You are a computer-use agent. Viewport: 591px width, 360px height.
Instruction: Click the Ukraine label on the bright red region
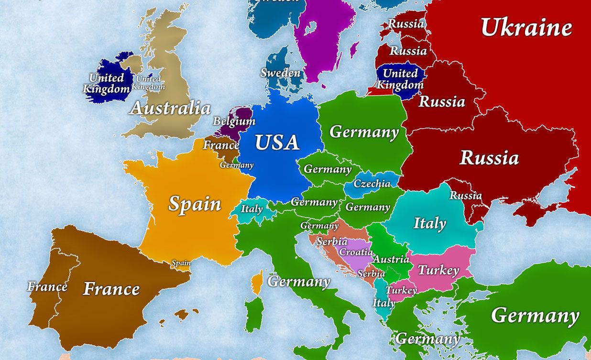526,28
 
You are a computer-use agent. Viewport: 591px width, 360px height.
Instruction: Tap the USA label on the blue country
277,142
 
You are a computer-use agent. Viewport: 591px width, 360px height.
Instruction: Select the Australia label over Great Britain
170,109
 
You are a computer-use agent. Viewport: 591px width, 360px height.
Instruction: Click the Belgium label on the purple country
234,121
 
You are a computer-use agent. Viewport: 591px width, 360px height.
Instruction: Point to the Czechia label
372,184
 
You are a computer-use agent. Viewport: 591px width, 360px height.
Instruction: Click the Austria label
391,260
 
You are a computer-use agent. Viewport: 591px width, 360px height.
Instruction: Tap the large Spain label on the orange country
195,204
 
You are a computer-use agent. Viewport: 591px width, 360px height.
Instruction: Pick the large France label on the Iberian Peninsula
111,289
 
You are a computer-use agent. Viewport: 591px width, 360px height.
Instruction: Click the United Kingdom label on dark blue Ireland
107,83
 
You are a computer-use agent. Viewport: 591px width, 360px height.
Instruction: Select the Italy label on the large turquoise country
429,223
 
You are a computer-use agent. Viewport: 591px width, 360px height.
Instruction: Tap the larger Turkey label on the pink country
438,271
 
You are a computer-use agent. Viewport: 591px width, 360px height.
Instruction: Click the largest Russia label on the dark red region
489,158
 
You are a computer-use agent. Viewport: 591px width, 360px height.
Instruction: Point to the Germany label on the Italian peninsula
299,282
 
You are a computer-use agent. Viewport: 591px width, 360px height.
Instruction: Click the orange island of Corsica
257,283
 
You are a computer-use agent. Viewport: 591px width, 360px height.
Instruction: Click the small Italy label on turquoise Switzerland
252,209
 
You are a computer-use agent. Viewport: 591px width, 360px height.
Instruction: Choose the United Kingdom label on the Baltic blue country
400,79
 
